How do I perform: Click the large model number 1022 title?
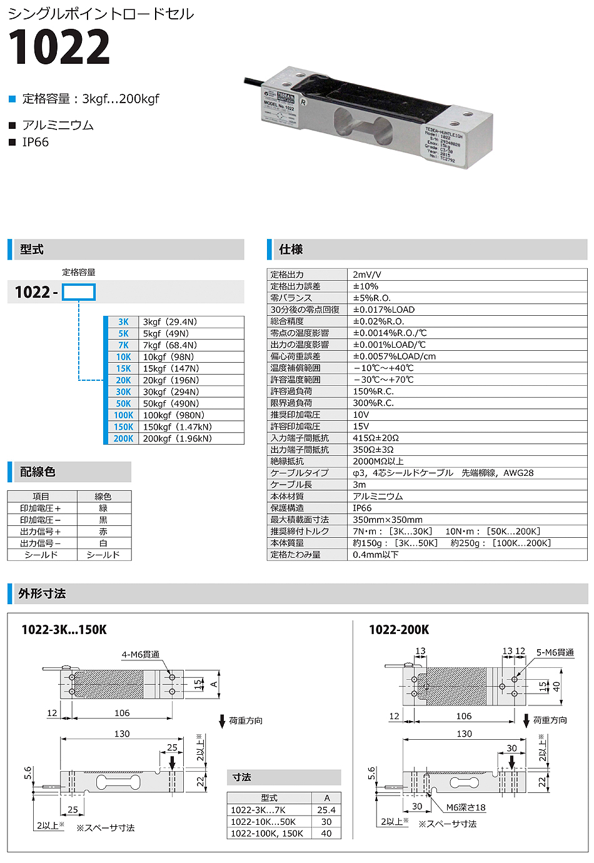59,48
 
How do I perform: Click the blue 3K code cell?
123,322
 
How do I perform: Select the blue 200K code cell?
123,439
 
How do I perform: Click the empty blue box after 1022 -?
79,292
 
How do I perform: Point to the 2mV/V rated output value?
367,275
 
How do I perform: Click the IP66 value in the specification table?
362,508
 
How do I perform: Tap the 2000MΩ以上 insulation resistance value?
378,462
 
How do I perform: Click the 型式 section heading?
32,250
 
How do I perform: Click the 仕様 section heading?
291,250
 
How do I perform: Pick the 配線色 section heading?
38,472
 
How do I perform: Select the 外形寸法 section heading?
42,593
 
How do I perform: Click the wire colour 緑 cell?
103,508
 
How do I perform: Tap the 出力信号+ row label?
41,532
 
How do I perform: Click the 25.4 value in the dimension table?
326,810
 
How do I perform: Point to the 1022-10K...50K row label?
263,822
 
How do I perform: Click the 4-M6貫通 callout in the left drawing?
141,655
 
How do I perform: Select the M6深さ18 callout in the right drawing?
466,807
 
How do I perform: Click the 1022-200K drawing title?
399,630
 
